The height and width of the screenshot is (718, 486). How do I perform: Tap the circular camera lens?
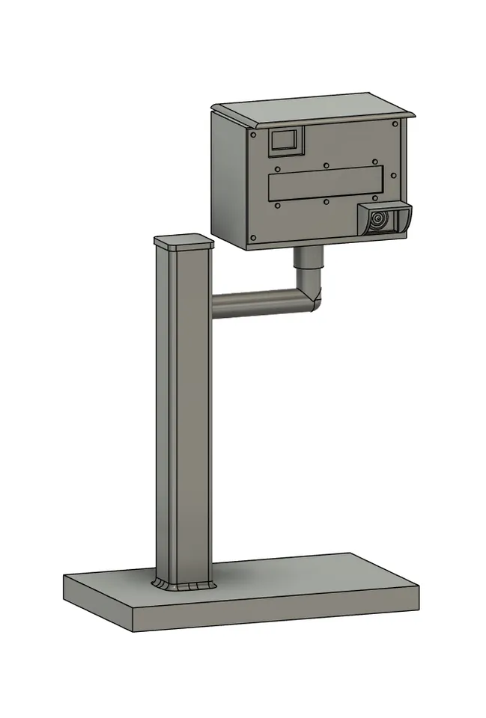(x=378, y=220)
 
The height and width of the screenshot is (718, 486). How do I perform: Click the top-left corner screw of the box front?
(x=253, y=135)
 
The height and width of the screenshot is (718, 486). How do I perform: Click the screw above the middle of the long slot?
(x=326, y=165)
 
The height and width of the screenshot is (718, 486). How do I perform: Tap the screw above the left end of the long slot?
(x=277, y=168)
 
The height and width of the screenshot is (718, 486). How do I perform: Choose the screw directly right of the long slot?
(x=395, y=177)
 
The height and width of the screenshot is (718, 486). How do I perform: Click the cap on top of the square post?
(x=183, y=242)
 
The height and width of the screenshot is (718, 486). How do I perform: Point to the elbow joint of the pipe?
(x=310, y=299)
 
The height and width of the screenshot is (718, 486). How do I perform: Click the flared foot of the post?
(x=182, y=584)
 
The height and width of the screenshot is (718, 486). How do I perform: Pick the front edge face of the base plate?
(x=277, y=612)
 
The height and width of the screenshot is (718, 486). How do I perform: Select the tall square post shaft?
(x=183, y=411)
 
